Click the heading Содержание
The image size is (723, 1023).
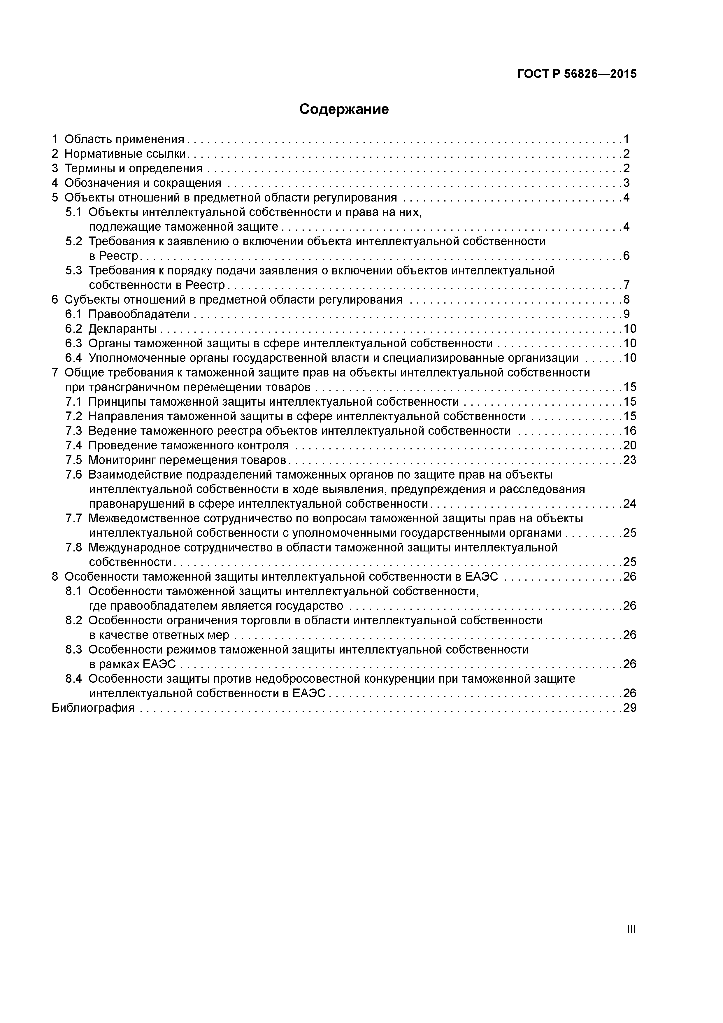pos(344,109)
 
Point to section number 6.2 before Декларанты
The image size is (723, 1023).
pos(73,329)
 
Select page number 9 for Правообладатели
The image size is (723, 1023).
pos(626,315)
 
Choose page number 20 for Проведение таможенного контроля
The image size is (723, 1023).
pos(629,445)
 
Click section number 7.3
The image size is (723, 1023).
pos(73,431)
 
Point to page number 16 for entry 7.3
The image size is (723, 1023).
pos(629,431)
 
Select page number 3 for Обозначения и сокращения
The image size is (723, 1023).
pos(626,183)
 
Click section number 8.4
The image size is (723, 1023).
pos(73,679)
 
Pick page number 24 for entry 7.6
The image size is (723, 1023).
pos(629,504)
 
